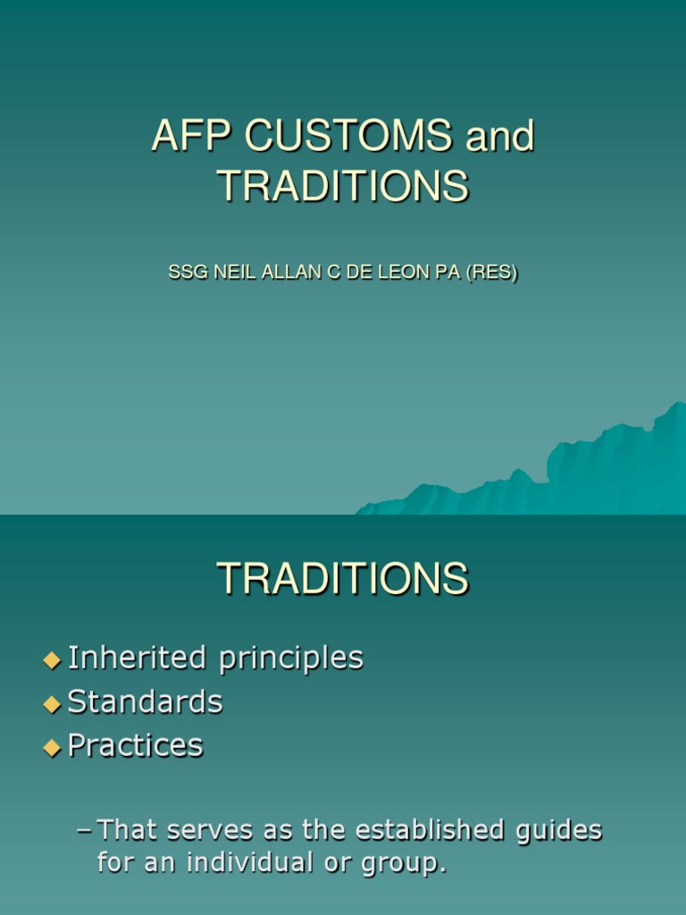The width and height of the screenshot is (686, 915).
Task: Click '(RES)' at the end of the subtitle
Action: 492,273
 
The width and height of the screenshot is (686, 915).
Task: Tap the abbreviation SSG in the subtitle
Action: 185,273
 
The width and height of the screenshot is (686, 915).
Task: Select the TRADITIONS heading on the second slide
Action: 342,579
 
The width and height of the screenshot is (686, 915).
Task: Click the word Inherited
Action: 136,658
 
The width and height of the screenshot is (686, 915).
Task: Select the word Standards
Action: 146,702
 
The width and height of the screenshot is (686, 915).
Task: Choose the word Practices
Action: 136,745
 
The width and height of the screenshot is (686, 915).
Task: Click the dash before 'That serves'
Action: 85,832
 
